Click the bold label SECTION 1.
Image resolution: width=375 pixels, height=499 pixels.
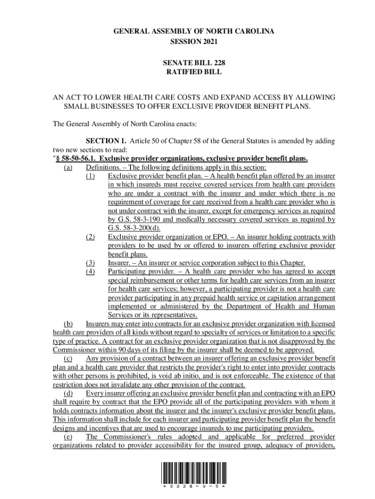click(103, 141)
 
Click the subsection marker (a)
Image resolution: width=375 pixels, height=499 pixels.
click(68, 167)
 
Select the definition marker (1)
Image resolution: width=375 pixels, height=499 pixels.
click(90, 176)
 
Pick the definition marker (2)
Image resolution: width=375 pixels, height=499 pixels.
click(90, 237)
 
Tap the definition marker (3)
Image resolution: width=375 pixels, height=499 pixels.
click(90, 263)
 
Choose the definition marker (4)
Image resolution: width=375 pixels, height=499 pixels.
click(90, 271)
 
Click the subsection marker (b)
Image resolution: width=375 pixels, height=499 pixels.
click(68, 324)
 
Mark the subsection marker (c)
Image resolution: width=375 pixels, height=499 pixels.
click(68, 359)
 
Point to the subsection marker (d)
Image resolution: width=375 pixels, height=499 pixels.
click(68, 394)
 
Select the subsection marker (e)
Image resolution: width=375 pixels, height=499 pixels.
click(68, 437)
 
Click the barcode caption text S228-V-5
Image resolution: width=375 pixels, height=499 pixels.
click(193, 487)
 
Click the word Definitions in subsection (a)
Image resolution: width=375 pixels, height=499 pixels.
click(102, 167)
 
